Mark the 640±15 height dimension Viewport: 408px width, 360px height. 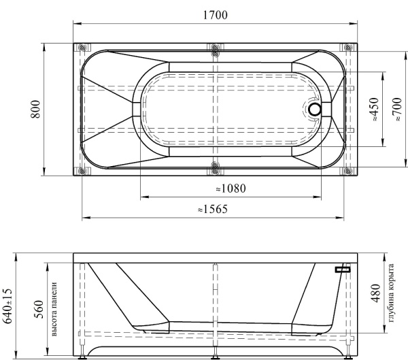8,306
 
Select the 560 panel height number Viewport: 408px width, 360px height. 38,311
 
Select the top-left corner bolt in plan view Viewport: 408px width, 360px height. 82,48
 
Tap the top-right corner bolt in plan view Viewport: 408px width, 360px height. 348,48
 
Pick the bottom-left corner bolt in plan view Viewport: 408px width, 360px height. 82,170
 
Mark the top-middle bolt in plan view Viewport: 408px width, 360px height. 215,48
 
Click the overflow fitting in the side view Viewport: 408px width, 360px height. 343,269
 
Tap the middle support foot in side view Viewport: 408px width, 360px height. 215,354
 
